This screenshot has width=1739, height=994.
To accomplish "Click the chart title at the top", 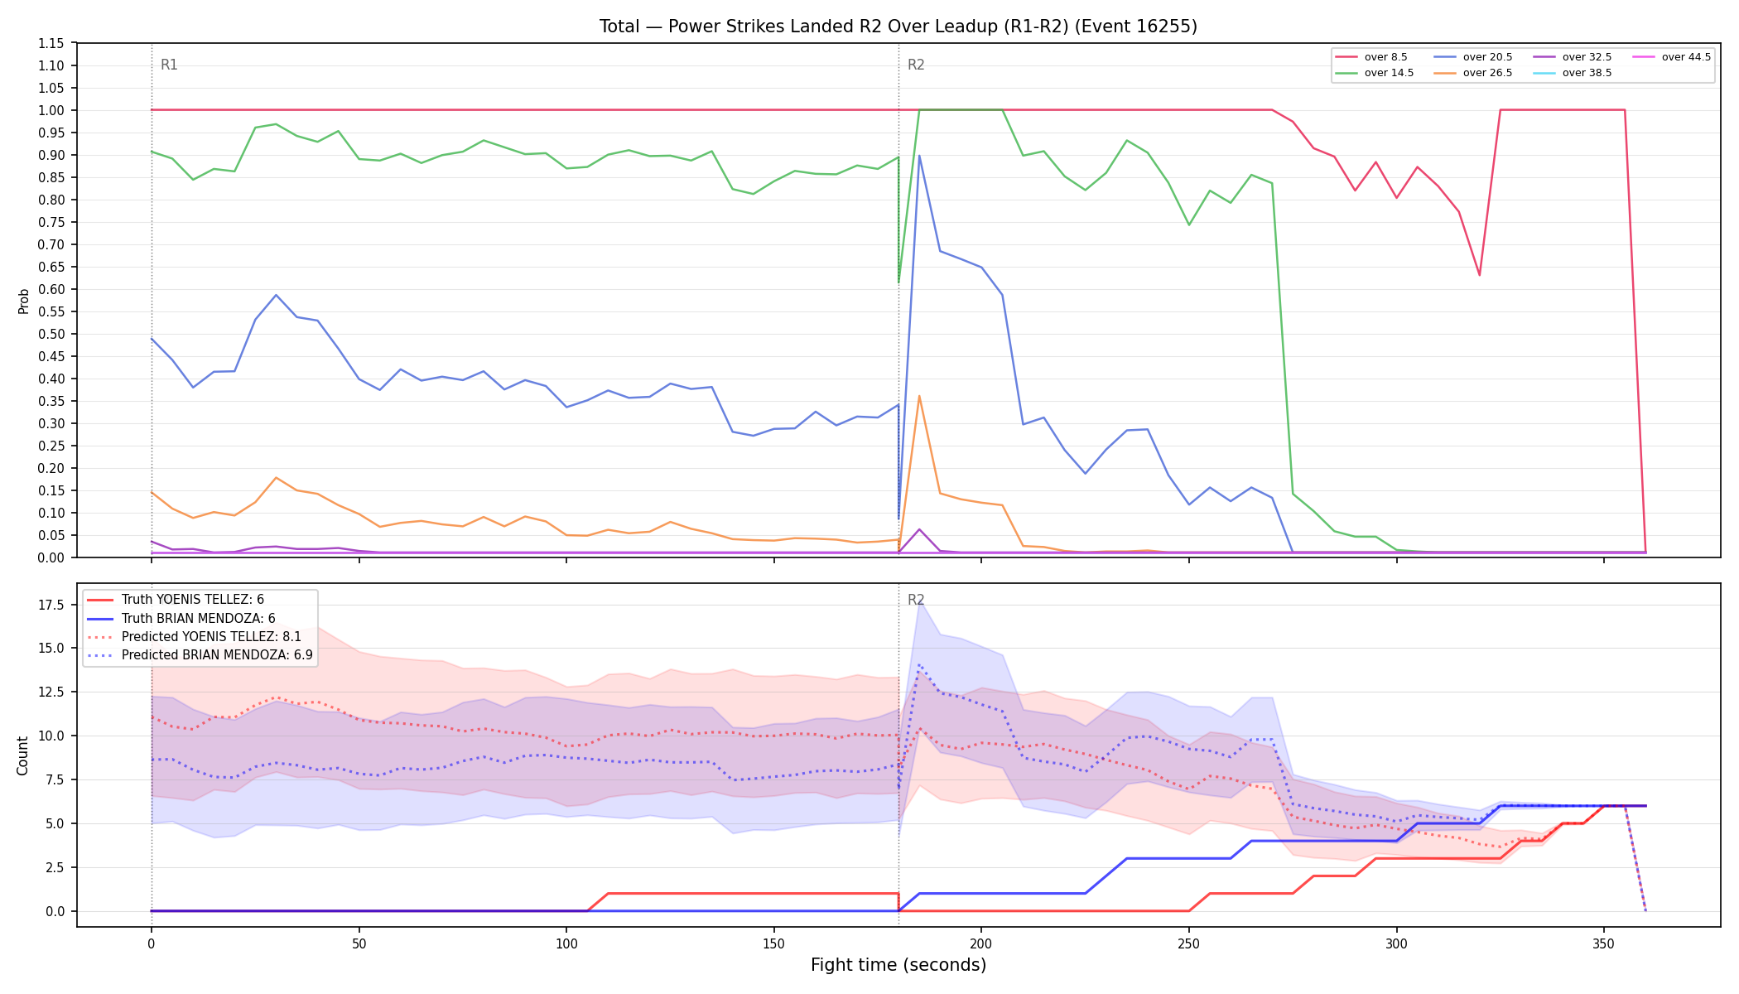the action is (898, 27).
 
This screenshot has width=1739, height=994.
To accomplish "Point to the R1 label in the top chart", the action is (169, 65).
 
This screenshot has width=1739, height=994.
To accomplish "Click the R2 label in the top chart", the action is (916, 65).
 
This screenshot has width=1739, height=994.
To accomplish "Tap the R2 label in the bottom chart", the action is (916, 600).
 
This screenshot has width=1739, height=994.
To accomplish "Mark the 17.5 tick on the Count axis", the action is (51, 605).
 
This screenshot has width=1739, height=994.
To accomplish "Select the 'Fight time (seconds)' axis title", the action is (898, 965).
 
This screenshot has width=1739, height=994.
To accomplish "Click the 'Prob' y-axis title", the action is (23, 301).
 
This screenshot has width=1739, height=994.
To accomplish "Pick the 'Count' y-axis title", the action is (23, 755).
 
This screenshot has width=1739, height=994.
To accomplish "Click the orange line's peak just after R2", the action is (919, 396).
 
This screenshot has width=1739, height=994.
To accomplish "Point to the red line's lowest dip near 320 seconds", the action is (1479, 275).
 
